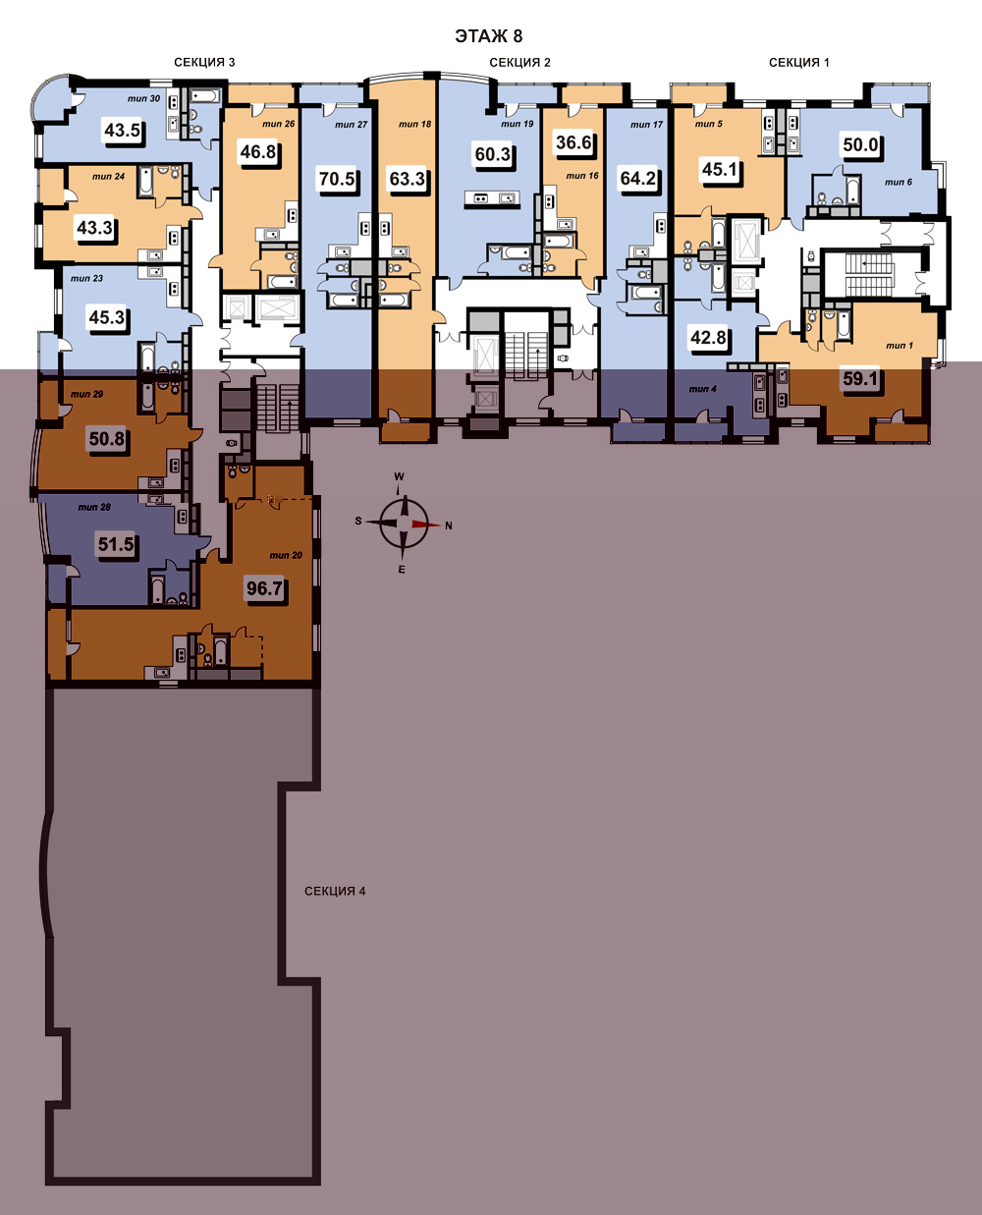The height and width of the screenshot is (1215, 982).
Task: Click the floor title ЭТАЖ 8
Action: click(489, 36)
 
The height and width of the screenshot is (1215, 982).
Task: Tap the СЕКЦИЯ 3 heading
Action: click(204, 62)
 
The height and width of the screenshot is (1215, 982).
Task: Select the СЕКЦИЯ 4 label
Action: click(335, 891)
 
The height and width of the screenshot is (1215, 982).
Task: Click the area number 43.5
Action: click(122, 131)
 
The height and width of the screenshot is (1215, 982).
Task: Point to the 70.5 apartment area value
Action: click(337, 179)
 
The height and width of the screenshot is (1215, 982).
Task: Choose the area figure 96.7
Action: click(264, 587)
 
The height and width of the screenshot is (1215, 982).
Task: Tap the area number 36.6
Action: click(573, 142)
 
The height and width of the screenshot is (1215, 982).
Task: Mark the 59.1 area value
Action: click(860, 378)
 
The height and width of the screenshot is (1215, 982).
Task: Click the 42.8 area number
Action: click(708, 338)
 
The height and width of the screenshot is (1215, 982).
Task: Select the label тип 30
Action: click(143, 98)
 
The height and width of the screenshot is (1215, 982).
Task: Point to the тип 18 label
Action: click(414, 124)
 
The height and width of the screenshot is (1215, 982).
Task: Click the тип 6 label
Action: click(899, 182)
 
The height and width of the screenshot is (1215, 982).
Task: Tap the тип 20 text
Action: click(286, 555)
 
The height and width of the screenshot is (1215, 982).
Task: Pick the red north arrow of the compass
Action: click(426, 525)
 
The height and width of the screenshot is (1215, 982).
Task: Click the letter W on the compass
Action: click(400, 476)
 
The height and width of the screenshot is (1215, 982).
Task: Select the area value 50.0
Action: click(860, 145)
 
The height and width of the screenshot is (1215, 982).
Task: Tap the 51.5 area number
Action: click(116, 544)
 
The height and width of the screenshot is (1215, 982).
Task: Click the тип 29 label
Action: click(86, 394)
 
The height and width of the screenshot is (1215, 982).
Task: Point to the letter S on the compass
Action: click(358, 521)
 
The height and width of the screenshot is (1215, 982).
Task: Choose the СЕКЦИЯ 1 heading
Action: click(799, 62)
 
